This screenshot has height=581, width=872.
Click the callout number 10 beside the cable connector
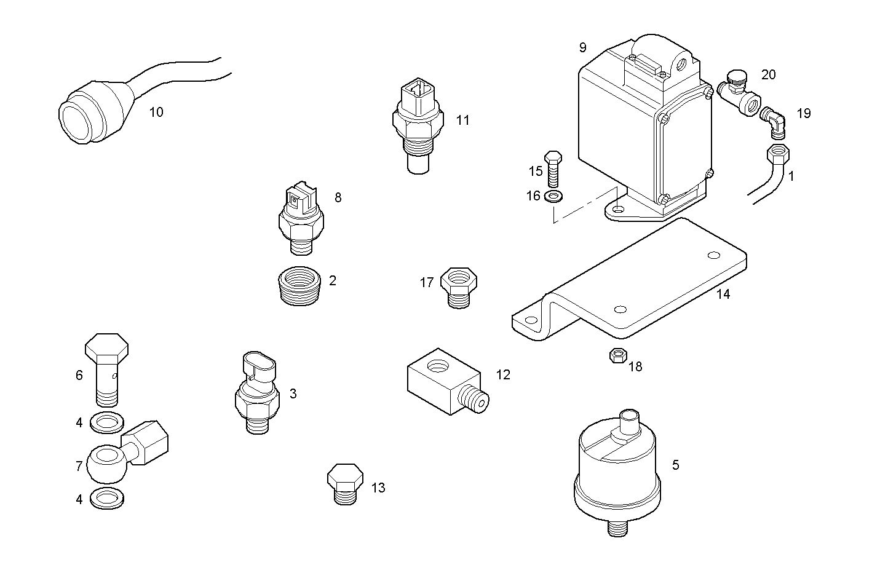click(x=156, y=112)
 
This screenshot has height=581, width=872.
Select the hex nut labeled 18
click(x=617, y=356)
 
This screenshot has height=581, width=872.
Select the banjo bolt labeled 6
click(x=106, y=369)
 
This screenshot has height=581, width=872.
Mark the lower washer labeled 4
click(x=106, y=498)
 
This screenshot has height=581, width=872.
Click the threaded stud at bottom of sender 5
click(x=617, y=528)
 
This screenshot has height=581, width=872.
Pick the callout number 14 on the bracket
click(x=723, y=294)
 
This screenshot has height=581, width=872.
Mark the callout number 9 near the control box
click(x=582, y=47)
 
